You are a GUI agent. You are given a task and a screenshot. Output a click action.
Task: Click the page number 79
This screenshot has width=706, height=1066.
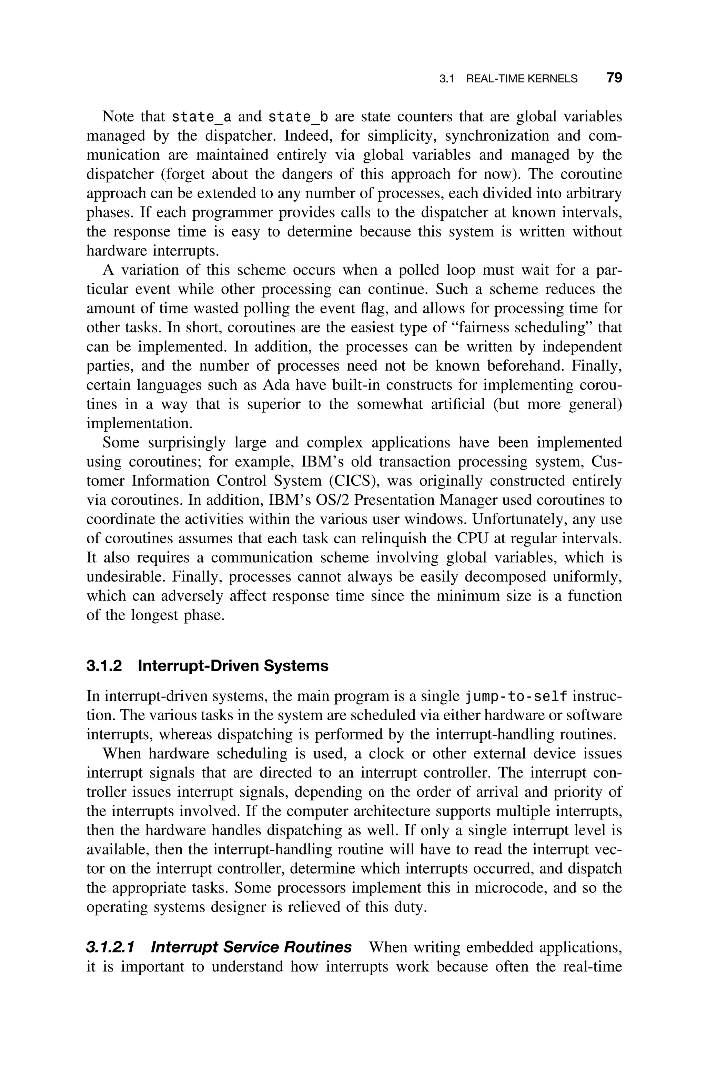(x=614, y=78)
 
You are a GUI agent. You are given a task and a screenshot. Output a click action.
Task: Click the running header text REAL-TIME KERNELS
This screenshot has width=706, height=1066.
(x=521, y=79)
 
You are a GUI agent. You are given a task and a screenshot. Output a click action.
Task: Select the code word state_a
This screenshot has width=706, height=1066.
(x=202, y=117)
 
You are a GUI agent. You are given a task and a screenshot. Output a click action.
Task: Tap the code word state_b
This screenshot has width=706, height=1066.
(x=298, y=117)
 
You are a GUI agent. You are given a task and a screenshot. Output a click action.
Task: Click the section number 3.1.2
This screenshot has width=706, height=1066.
(x=104, y=666)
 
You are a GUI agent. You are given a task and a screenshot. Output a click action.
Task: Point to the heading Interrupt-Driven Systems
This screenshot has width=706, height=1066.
(x=233, y=666)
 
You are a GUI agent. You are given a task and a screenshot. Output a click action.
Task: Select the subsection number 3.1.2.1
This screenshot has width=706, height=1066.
(x=110, y=948)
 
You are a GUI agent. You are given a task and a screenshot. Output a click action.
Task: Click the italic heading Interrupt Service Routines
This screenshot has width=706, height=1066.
(x=251, y=948)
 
